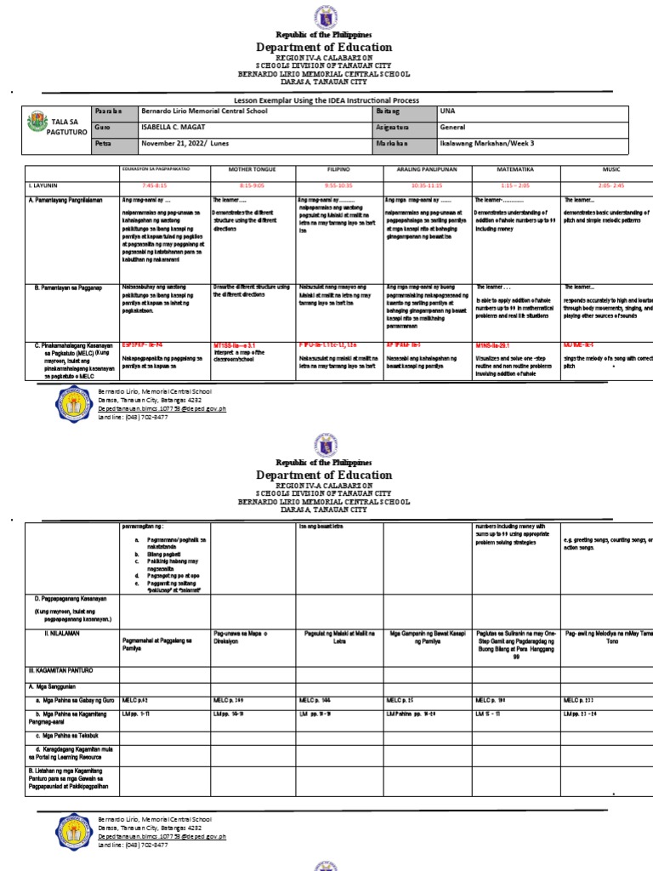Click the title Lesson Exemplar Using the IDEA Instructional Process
(327, 100)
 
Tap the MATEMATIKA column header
(514, 170)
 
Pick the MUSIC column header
(608, 170)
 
